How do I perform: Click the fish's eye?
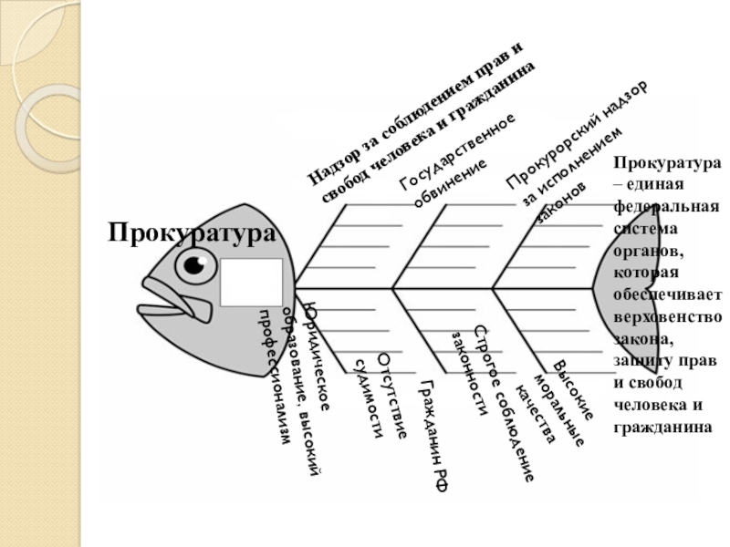click(197, 265)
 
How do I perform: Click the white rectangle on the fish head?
click(251, 282)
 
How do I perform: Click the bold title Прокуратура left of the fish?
click(192, 232)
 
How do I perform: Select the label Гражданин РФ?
click(434, 436)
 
